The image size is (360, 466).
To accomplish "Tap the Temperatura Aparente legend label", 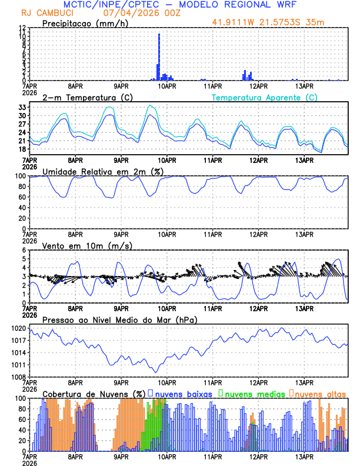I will coord(264,97).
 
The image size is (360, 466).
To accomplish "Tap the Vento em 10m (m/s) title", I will coord(88,245).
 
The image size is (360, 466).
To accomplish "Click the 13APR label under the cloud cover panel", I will coord(304,456).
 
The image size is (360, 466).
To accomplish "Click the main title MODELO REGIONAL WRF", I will coord(254,4).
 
